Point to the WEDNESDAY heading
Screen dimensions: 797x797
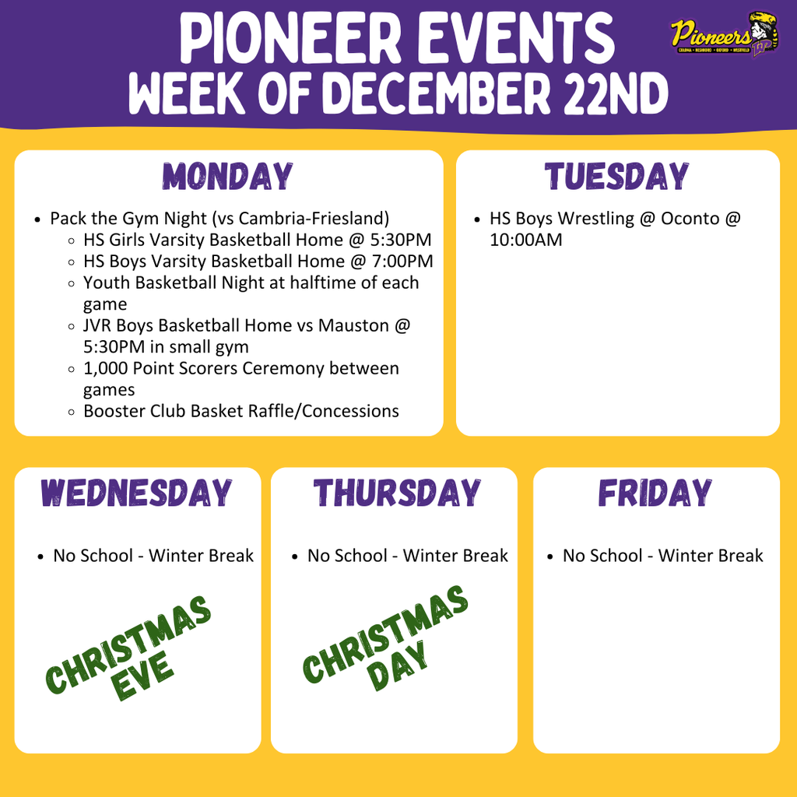point(137,493)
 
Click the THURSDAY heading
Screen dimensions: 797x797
point(397,493)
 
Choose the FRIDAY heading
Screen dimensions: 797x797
point(655,493)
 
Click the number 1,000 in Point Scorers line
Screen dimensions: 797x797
point(107,368)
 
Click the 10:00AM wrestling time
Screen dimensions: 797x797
point(525,241)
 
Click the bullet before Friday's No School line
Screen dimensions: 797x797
point(550,556)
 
